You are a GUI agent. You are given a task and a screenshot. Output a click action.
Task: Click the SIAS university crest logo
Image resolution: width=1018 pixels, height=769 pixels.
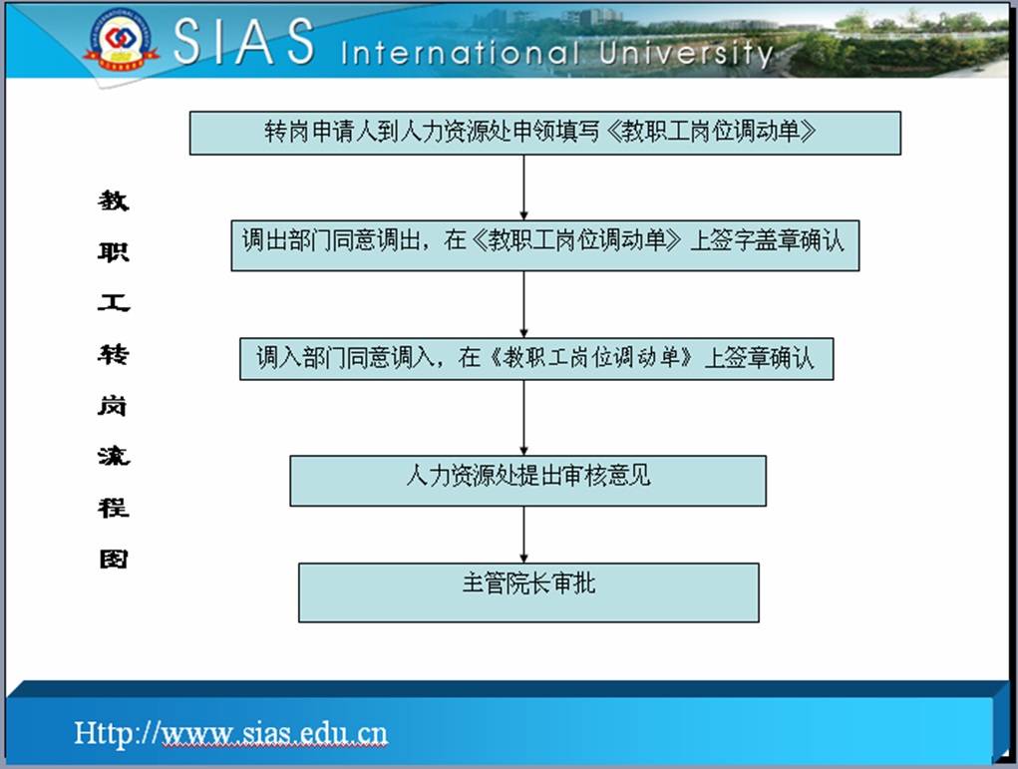(120, 39)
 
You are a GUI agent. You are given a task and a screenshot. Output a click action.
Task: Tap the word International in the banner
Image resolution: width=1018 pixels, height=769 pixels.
(461, 53)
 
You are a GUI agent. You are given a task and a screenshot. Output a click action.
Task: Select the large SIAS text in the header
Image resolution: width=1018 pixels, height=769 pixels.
(244, 41)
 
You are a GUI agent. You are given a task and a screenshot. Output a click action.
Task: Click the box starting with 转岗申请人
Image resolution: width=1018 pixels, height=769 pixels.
(544, 133)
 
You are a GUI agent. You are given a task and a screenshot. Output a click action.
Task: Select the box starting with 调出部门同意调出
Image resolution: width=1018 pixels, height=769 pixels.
(544, 245)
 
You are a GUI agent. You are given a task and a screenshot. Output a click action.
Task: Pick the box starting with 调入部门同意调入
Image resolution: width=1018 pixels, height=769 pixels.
(536, 358)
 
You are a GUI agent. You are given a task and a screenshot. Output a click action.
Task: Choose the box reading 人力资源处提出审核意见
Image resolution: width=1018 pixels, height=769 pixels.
(527, 481)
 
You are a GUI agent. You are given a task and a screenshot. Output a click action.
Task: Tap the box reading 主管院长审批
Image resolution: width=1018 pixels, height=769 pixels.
(528, 592)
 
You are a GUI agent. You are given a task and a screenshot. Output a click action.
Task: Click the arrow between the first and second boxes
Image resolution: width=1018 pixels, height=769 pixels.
(523, 188)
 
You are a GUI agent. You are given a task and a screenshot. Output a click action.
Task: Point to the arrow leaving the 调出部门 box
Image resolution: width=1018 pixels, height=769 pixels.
(523, 304)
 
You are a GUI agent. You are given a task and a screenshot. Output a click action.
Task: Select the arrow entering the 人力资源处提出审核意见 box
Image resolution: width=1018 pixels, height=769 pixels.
(523, 418)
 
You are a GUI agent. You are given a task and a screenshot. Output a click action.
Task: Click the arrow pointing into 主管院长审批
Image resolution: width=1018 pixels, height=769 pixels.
(523, 535)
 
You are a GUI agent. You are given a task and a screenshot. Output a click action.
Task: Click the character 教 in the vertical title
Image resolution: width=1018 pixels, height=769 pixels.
(114, 200)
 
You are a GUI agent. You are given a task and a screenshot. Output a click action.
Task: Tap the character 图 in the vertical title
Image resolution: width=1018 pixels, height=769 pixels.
(114, 559)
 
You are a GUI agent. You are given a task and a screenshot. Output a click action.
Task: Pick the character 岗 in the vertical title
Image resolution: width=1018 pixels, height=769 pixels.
(113, 406)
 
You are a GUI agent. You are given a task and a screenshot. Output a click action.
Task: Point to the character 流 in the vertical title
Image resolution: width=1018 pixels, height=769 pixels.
(114, 456)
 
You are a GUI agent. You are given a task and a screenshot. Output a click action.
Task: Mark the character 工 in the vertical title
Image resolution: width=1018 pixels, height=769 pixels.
(114, 302)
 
